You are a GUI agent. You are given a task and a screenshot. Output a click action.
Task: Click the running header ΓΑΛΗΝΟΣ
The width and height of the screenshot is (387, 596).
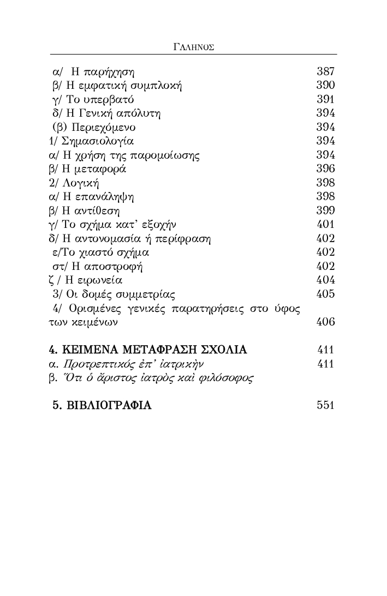click(193, 47)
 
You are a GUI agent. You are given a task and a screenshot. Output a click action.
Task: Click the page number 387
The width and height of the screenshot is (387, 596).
click(325, 71)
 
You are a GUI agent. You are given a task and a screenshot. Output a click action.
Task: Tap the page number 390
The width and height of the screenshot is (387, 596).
click(325, 86)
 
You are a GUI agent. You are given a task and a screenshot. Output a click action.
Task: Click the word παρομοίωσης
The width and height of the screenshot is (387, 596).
click(168, 155)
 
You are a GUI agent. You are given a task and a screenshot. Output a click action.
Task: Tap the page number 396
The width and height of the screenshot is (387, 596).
click(325, 169)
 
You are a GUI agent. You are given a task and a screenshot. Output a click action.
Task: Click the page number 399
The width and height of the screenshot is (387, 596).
click(325, 210)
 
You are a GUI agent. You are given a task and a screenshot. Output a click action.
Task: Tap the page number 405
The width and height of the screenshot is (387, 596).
click(325, 294)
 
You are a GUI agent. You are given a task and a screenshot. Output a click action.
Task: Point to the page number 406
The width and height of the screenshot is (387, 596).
click(325, 322)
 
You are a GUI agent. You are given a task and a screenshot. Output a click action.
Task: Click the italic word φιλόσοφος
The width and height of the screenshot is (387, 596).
click(229, 378)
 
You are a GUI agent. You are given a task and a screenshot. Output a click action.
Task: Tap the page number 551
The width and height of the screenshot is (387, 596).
click(325, 406)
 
